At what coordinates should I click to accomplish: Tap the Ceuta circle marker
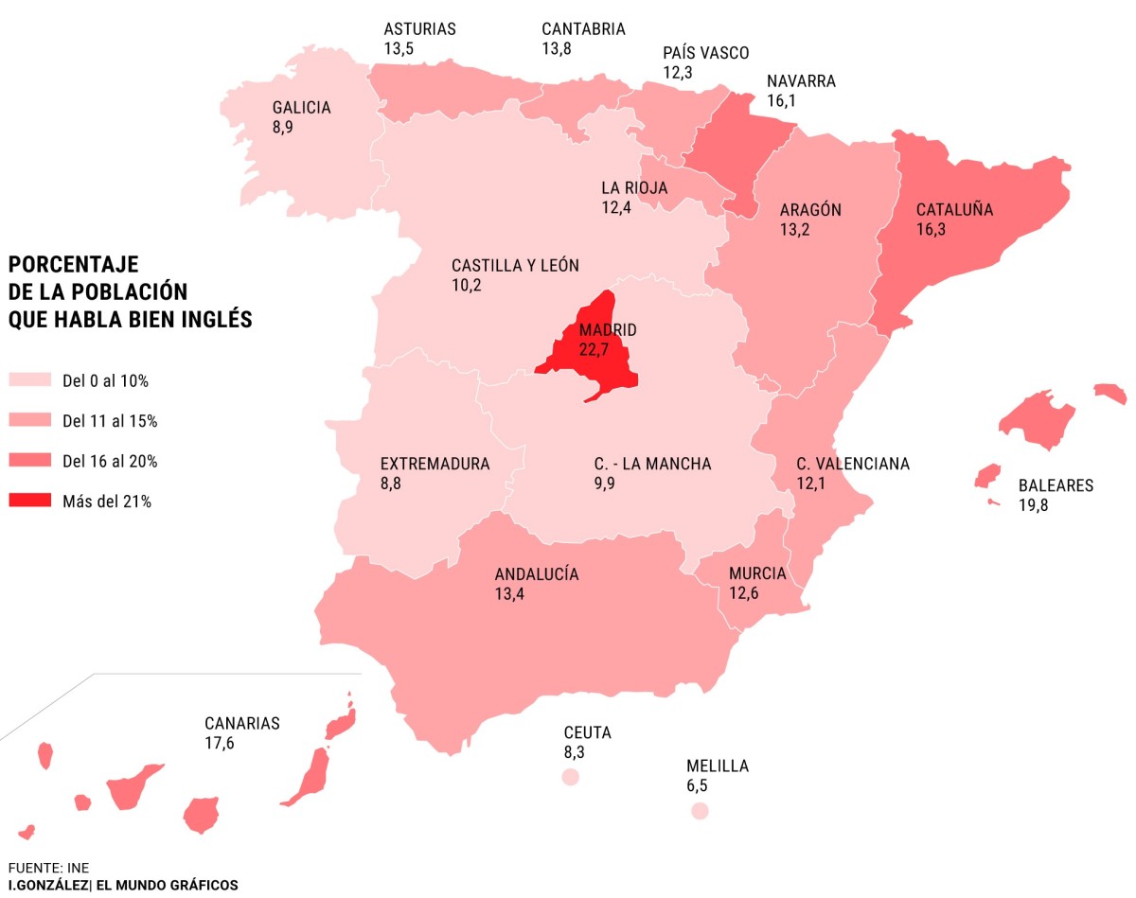pyautogui.click(x=570, y=777)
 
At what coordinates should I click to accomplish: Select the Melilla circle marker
pyautogui.click(x=700, y=811)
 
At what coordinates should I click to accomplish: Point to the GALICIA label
pyautogui.click(x=301, y=108)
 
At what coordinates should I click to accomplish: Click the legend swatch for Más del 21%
pyautogui.click(x=30, y=502)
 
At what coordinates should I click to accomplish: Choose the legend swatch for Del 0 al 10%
pyautogui.click(x=30, y=380)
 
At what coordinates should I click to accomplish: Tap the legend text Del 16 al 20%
pyautogui.click(x=109, y=462)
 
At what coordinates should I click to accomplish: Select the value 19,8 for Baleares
pyautogui.click(x=1033, y=505)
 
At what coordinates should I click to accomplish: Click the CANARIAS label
pyautogui.click(x=242, y=724)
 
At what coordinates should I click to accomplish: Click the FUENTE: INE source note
pyautogui.click(x=48, y=867)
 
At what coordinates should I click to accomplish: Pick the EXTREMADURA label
pyautogui.click(x=435, y=464)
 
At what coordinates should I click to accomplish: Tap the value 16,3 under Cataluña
pyautogui.click(x=932, y=229)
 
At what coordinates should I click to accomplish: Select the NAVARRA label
pyautogui.click(x=801, y=81)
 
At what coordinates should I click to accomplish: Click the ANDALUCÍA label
pyautogui.click(x=536, y=574)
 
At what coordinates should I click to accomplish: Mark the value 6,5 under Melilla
pyautogui.click(x=697, y=785)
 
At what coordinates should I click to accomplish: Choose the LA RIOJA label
pyautogui.click(x=634, y=187)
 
